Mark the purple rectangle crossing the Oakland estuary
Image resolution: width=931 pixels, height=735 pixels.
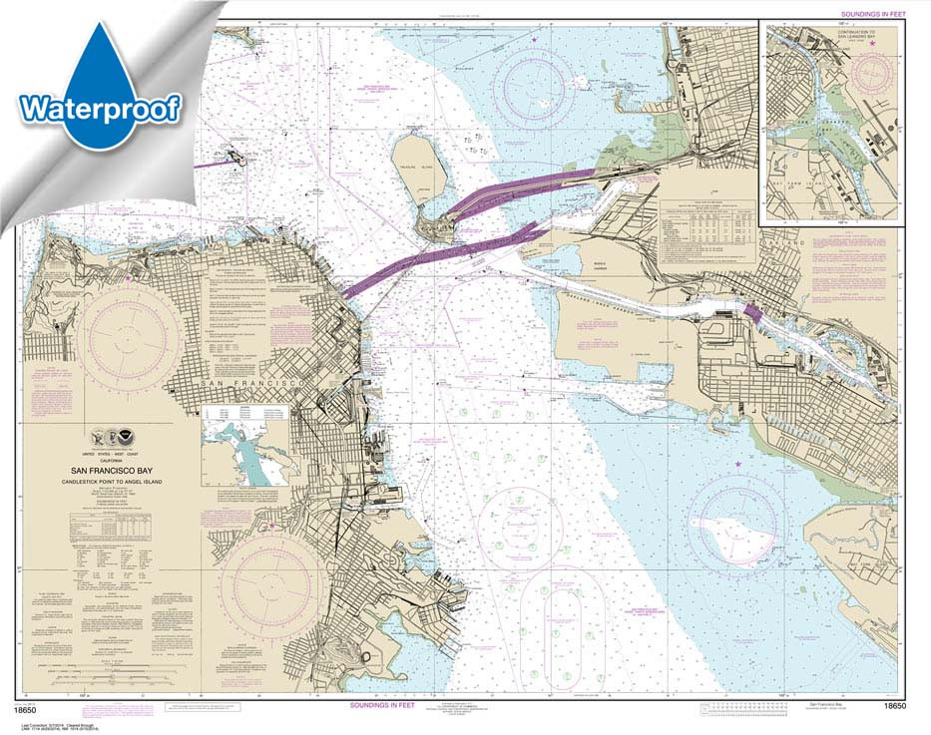pyautogui.click(x=751, y=313)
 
